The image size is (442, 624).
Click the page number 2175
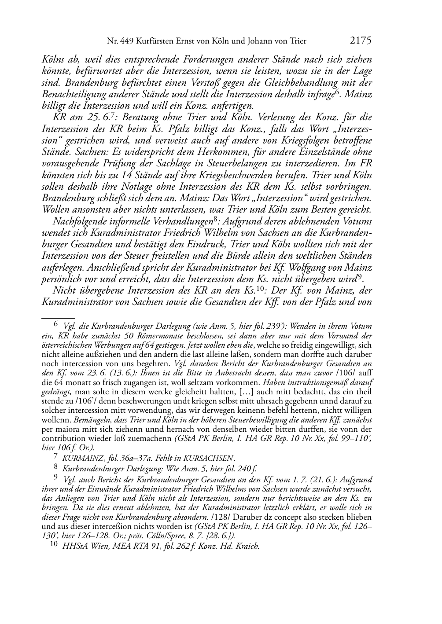coord(361,41)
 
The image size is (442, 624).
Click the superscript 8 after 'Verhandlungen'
coord(213,219)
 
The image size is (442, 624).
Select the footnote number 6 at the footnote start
coord(55,326)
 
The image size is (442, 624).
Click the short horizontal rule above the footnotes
coord(58,316)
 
